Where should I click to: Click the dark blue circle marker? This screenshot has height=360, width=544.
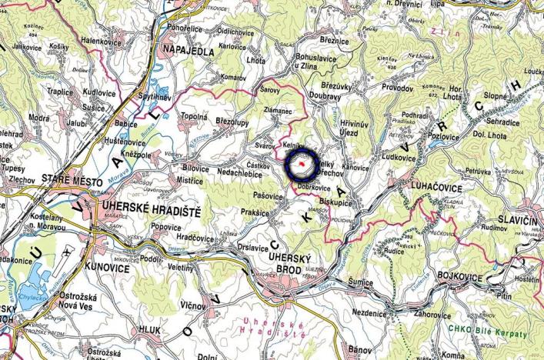click(x=303, y=162)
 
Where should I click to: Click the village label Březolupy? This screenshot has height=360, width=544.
click(x=213, y=122)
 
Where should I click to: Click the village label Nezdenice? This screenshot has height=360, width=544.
click(x=374, y=313)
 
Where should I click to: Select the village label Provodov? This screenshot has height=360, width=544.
click(x=396, y=88)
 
